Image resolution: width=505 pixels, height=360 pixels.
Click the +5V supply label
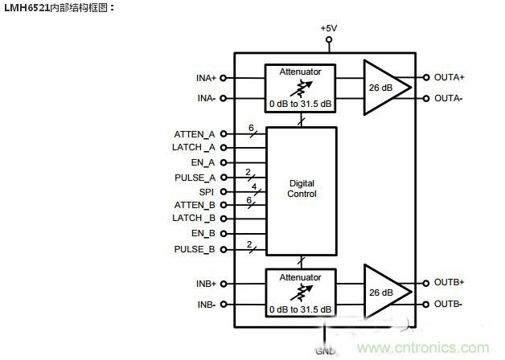point(328,28)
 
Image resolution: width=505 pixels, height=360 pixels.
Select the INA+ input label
point(205,78)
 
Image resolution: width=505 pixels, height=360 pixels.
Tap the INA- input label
point(206,99)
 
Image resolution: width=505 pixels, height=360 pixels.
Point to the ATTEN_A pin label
point(195,134)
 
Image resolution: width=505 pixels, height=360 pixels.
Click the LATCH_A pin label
point(194,148)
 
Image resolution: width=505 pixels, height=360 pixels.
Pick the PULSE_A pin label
point(194,177)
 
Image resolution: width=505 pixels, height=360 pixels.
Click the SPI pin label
point(207,191)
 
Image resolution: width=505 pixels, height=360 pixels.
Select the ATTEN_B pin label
point(195,205)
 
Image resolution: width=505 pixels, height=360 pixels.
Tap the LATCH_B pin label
point(194,219)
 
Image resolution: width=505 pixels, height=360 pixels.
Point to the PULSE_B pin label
point(194,248)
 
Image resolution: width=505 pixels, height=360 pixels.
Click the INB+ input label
point(205,284)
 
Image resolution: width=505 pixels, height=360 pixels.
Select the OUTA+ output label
point(450,78)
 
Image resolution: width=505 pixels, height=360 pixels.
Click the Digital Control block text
point(302,189)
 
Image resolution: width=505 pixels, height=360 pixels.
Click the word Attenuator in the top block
point(300,72)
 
